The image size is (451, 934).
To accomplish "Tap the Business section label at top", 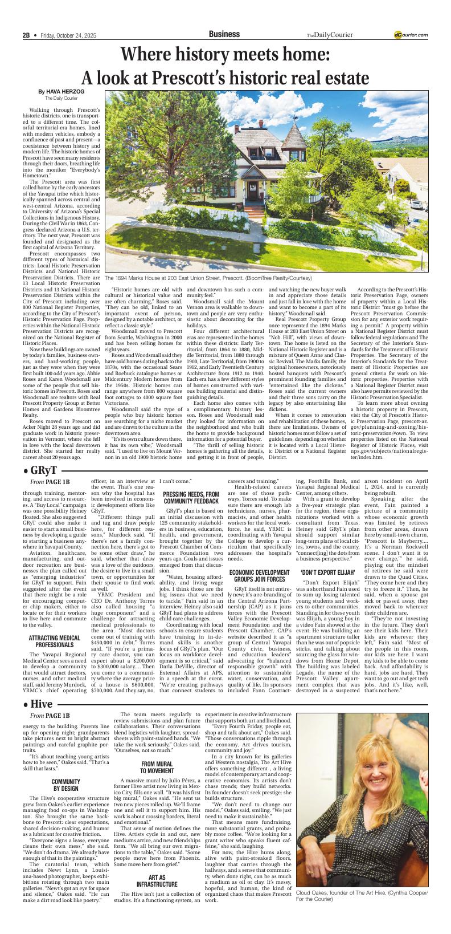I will [225, 34].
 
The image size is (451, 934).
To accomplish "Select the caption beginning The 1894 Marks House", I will [208, 278].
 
